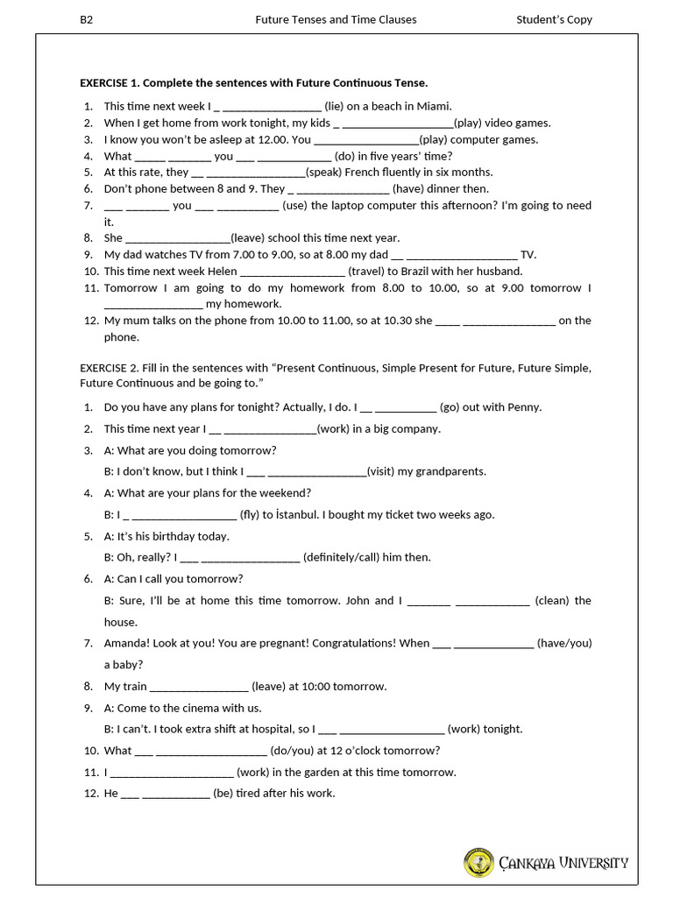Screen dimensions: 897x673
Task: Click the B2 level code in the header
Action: [86, 19]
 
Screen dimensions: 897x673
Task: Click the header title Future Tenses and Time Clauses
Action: [336, 19]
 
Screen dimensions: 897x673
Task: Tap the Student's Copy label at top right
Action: [555, 19]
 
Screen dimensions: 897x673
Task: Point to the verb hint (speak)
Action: [323, 173]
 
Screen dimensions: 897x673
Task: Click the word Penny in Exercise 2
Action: [524, 407]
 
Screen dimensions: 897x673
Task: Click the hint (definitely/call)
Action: [347, 557]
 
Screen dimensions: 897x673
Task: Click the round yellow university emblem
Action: [478, 863]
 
